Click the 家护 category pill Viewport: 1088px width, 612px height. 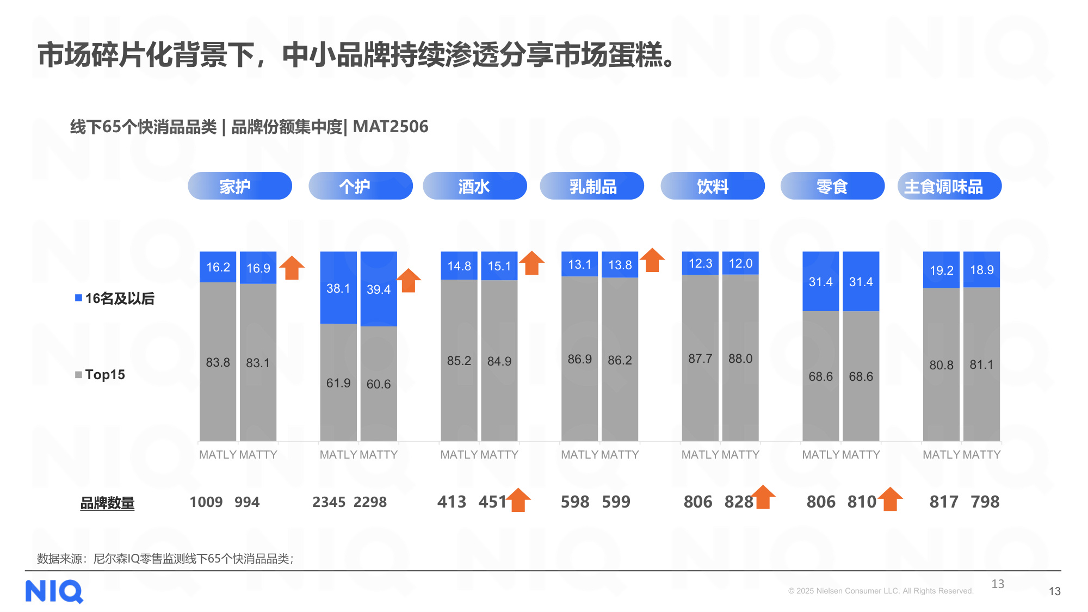[239, 186]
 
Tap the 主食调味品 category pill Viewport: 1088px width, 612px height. [949, 186]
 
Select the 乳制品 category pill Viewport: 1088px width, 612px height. [592, 186]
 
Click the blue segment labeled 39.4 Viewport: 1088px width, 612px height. [379, 289]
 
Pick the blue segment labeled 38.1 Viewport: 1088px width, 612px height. [338, 288]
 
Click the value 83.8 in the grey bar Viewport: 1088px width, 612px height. [218, 362]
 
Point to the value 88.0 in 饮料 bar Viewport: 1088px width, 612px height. [740, 358]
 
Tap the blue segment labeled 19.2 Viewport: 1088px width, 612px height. [941, 270]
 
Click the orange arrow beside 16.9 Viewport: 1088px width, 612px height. [292, 268]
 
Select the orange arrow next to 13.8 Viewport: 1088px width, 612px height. [652, 260]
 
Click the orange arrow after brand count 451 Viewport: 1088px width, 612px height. [518, 499]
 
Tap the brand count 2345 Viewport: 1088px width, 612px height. [329, 502]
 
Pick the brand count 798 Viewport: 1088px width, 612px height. [985, 502]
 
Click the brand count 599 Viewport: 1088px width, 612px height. [616, 502]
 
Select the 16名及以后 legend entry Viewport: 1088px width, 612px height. [115, 298]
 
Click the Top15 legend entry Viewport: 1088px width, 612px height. [101, 374]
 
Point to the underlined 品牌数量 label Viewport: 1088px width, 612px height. [107, 503]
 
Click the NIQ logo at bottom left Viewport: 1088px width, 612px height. [54, 591]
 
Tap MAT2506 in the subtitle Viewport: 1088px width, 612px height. [390, 127]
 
